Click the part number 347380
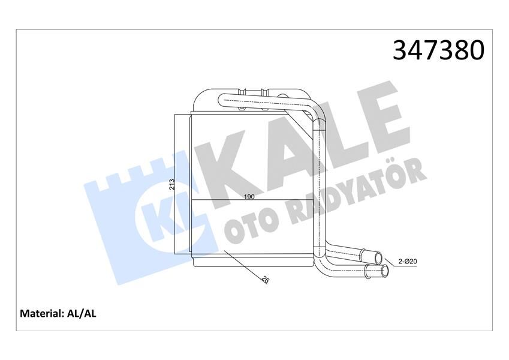(438, 50)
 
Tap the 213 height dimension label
(171, 184)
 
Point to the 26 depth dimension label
(264, 278)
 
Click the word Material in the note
(41, 313)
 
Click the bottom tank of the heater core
(252, 263)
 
